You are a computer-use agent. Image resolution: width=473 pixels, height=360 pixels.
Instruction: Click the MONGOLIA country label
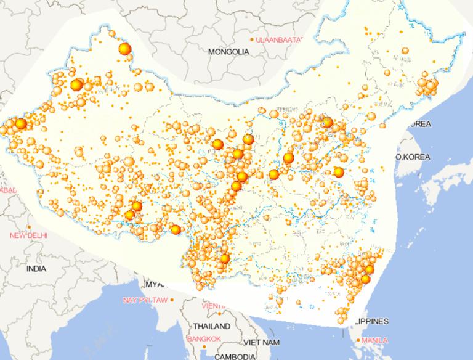pos(228,52)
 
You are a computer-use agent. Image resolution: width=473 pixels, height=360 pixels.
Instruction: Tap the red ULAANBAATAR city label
pos(280,39)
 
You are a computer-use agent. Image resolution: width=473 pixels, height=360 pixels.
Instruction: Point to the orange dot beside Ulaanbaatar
pos(253,40)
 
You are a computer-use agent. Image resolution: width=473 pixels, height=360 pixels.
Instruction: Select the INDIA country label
pos(36,269)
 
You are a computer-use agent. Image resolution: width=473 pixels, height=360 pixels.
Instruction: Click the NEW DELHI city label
pos(28,235)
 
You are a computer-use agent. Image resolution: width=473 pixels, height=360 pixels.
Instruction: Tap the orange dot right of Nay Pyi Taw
pos(172,300)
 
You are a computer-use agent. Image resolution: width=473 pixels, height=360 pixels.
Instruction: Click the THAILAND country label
pos(211,325)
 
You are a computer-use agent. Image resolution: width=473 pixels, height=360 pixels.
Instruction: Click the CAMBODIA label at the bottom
pos(235,356)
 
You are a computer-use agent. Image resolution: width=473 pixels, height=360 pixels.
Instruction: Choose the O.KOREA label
pos(413,157)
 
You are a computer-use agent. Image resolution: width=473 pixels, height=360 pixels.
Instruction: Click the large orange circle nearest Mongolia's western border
pos(125,49)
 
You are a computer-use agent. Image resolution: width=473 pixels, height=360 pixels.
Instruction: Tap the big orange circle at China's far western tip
pos(20,124)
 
